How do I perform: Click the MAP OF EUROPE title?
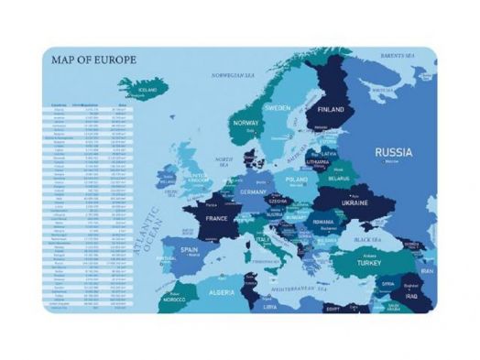click(93, 60)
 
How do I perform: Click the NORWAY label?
click(245, 123)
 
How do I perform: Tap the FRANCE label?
click(216, 220)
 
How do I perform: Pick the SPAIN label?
click(190, 249)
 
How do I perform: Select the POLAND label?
click(296, 180)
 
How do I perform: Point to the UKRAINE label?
click(355, 202)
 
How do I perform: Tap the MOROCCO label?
click(175, 299)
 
